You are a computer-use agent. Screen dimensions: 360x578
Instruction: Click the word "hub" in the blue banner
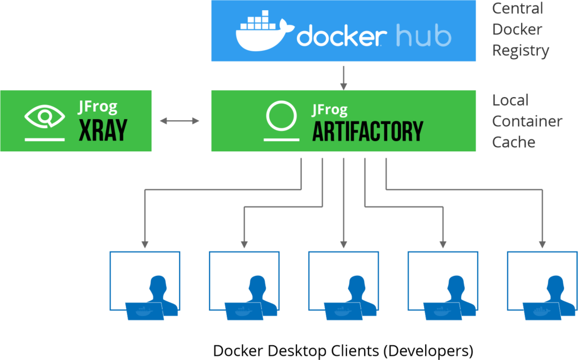[x=423, y=36]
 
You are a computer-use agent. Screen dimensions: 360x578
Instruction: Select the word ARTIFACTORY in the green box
[x=367, y=131]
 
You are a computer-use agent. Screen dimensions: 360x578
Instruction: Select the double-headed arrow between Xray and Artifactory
[x=180, y=121]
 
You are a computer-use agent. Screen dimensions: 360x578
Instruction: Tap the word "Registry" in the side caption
[x=520, y=50]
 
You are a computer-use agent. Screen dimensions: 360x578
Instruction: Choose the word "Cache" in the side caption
[x=514, y=142]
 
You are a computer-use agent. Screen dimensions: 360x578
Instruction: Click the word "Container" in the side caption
[x=527, y=121]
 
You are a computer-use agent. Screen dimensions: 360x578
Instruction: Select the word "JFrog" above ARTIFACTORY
[x=330, y=109]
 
